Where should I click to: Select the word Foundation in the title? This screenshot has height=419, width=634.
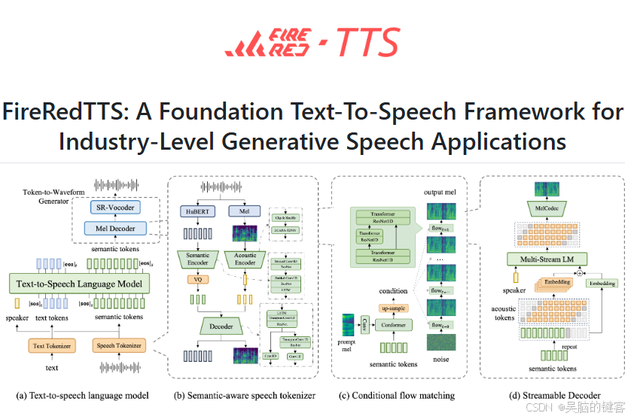click(x=200, y=111)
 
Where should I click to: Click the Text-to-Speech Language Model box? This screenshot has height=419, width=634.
click(x=79, y=283)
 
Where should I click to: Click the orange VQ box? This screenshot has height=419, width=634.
click(x=198, y=280)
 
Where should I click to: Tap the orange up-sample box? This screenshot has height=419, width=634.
click(x=392, y=308)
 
